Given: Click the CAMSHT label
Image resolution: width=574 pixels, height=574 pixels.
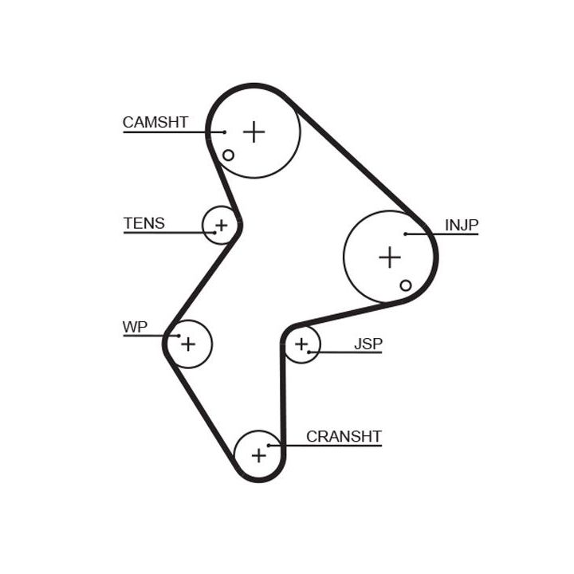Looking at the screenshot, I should (x=155, y=122).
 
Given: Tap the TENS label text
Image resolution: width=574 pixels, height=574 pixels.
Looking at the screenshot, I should (x=143, y=223).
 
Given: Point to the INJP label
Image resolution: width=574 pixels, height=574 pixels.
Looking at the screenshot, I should (x=462, y=225).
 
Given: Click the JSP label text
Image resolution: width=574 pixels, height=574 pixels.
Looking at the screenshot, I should (x=368, y=344).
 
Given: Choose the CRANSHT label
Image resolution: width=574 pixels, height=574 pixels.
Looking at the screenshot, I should (x=344, y=437).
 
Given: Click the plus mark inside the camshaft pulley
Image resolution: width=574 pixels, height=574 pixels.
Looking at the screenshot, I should (x=254, y=131).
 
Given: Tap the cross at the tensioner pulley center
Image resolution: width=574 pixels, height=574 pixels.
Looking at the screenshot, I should (x=222, y=226).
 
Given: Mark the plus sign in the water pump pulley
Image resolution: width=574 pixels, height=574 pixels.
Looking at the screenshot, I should (x=187, y=344).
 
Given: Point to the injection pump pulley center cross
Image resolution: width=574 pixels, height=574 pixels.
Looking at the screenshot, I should (x=389, y=258).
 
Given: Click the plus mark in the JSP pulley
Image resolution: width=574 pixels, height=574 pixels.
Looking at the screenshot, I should (x=301, y=344).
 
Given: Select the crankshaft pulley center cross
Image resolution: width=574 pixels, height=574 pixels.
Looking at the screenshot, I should (x=258, y=455).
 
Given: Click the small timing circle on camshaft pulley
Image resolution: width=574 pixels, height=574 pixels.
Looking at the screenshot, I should (x=228, y=155).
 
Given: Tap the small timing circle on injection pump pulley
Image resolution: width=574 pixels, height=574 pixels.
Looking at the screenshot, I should (x=406, y=285).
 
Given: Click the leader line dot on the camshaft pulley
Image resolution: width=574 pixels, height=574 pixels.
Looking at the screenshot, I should (x=225, y=132).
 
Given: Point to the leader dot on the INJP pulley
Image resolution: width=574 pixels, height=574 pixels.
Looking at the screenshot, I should (x=406, y=234).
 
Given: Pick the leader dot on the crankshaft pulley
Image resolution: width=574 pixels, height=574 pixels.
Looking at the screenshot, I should (x=269, y=445).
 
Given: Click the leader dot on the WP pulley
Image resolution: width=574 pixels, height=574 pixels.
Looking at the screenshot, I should (x=179, y=336).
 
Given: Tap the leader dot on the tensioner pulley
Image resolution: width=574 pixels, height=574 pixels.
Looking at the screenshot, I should (x=214, y=233).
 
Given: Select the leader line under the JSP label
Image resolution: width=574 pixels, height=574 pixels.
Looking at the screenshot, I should (x=351, y=352).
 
